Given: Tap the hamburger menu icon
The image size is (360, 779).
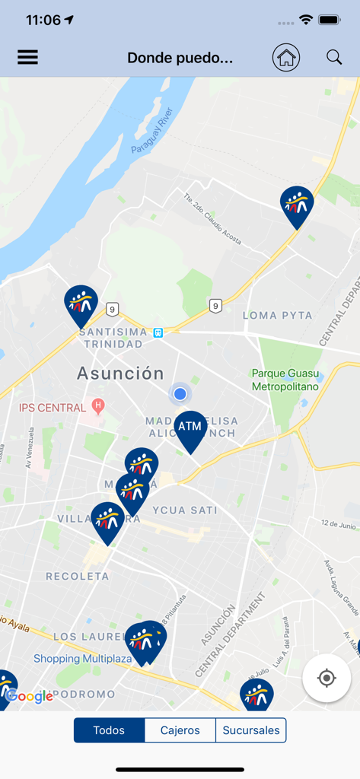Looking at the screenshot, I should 27,57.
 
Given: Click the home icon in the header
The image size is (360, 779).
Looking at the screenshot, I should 286,57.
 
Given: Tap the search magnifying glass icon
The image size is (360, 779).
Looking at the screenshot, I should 334,57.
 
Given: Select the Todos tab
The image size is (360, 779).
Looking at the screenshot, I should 109,730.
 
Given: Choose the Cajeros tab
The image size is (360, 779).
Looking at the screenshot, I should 180,730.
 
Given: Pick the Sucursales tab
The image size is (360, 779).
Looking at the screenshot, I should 251,730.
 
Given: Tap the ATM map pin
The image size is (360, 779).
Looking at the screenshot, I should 190,430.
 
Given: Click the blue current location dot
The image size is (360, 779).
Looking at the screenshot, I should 180,393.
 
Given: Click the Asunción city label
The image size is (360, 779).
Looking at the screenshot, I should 120,374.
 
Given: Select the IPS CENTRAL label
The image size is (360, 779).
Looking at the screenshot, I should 53,408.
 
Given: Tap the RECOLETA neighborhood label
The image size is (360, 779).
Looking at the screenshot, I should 78,576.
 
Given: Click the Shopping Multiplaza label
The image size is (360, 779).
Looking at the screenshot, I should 78,658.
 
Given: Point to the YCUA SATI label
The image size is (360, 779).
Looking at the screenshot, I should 184,510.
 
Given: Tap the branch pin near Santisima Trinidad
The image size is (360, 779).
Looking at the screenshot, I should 81,304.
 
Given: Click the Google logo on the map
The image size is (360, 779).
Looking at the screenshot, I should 30,696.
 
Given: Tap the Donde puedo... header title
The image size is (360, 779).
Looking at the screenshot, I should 180,58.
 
